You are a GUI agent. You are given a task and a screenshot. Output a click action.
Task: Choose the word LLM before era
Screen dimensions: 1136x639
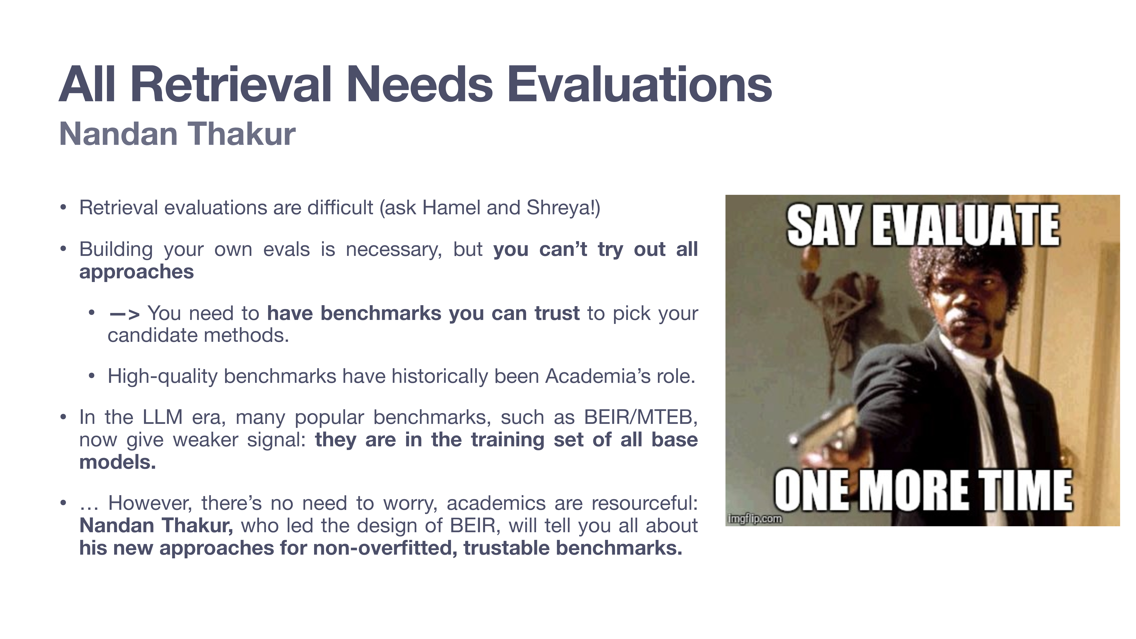pyautogui.click(x=162, y=417)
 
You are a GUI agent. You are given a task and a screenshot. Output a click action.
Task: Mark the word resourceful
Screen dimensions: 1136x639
pyautogui.click(x=644, y=503)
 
